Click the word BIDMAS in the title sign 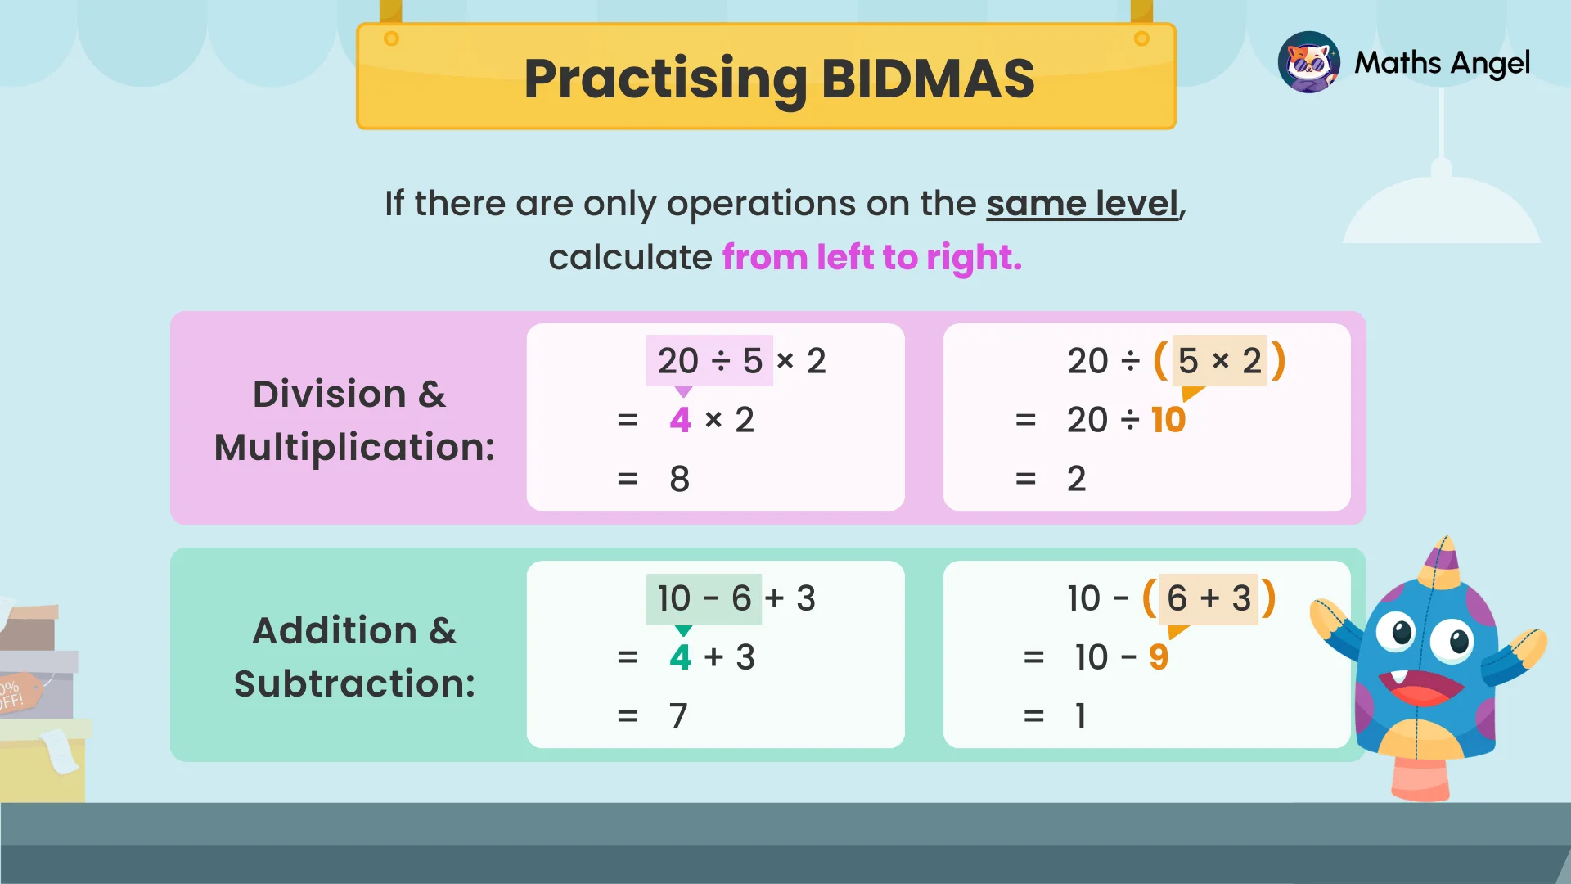pos(928,79)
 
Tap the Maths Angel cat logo pos(1308,62)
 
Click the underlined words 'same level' pos(1082,204)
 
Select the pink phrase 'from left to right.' pos(871,258)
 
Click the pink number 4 pos(680,420)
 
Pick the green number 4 pos(680,657)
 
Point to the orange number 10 pos(1168,420)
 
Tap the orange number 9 pos(1158,657)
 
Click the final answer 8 pos(679,479)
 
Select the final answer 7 pos(678,716)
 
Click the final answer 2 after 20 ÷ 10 pos(1076,479)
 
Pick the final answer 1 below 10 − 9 pos(1081,716)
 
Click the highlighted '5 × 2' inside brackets pos(1219,361)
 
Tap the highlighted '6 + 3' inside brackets pos(1209,598)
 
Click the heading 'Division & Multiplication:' pos(353,420)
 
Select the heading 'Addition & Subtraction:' pos(353,656)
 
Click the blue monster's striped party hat pos(1441,564)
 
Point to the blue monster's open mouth pos(1420,686)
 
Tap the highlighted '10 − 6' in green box pos(704,598)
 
